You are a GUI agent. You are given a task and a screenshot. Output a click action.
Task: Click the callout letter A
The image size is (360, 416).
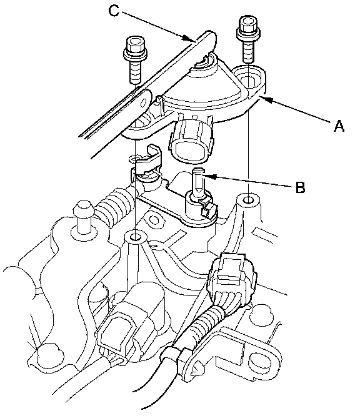point(339,126)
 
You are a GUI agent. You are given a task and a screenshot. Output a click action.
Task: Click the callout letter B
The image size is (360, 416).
point(300,187)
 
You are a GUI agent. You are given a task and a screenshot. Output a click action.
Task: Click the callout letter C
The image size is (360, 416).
point(114,11)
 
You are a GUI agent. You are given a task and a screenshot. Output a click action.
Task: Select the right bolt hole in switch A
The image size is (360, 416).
point(248,79)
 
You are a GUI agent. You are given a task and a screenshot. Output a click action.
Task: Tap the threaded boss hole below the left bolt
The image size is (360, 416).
point(136,236)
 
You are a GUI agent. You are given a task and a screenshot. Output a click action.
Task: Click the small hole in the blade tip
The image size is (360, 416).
point(144,102)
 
